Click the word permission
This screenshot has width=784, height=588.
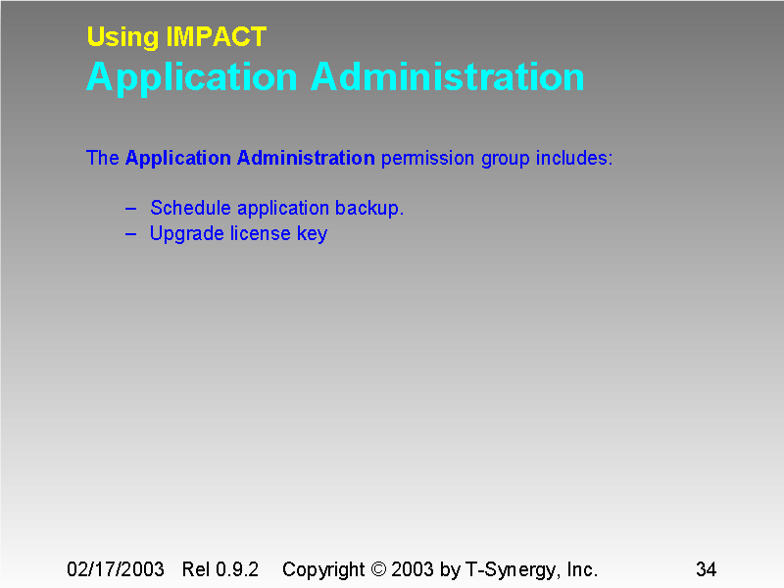[x=427, y=158]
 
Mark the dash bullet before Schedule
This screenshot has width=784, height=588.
[x=131, y=208]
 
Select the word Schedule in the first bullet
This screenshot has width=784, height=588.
[x=190, y=208]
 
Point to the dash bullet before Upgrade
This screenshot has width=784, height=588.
[x=131, y=233]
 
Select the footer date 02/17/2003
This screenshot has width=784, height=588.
[x=115, y=569]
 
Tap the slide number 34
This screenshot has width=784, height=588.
[x=706, y=569]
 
